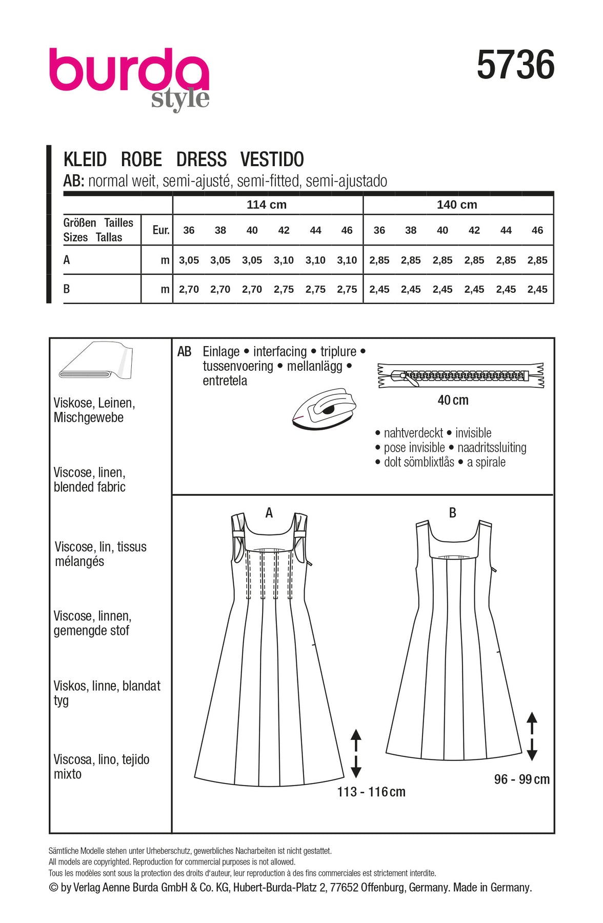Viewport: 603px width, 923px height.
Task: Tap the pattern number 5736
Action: (x=515, y=65)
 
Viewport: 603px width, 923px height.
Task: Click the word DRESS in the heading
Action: (x=202, y=159)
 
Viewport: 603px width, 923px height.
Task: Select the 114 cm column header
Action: (x=267, y=205)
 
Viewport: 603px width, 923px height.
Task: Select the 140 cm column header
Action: (x=457, y=205)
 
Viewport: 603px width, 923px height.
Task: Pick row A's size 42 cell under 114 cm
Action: (x=284, y=260)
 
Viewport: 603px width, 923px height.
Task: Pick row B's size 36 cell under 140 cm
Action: (x=379, y=289)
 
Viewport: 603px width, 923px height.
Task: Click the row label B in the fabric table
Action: (x=67, y=289)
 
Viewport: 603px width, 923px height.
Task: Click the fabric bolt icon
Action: (x=96, y=361)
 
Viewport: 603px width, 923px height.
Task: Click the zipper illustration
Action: (x=460, y=376)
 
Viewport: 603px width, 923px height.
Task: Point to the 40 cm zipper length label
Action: (x=453, y=400)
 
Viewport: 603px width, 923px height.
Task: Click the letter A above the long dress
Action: (x=269, y=513)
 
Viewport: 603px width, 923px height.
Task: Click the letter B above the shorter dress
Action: (x=452, y=513)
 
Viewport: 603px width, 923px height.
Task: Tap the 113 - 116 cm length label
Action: (x=371, y=792)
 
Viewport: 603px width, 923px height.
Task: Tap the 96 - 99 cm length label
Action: (x=521, y=779)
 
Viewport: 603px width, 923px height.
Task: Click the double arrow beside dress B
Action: (x=532, y=736)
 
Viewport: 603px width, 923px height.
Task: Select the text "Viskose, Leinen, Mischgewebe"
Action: (x=94, y=410)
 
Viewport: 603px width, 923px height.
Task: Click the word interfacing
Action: (x=280, y=352)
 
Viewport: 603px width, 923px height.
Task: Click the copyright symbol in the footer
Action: (x=54, y=888)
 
